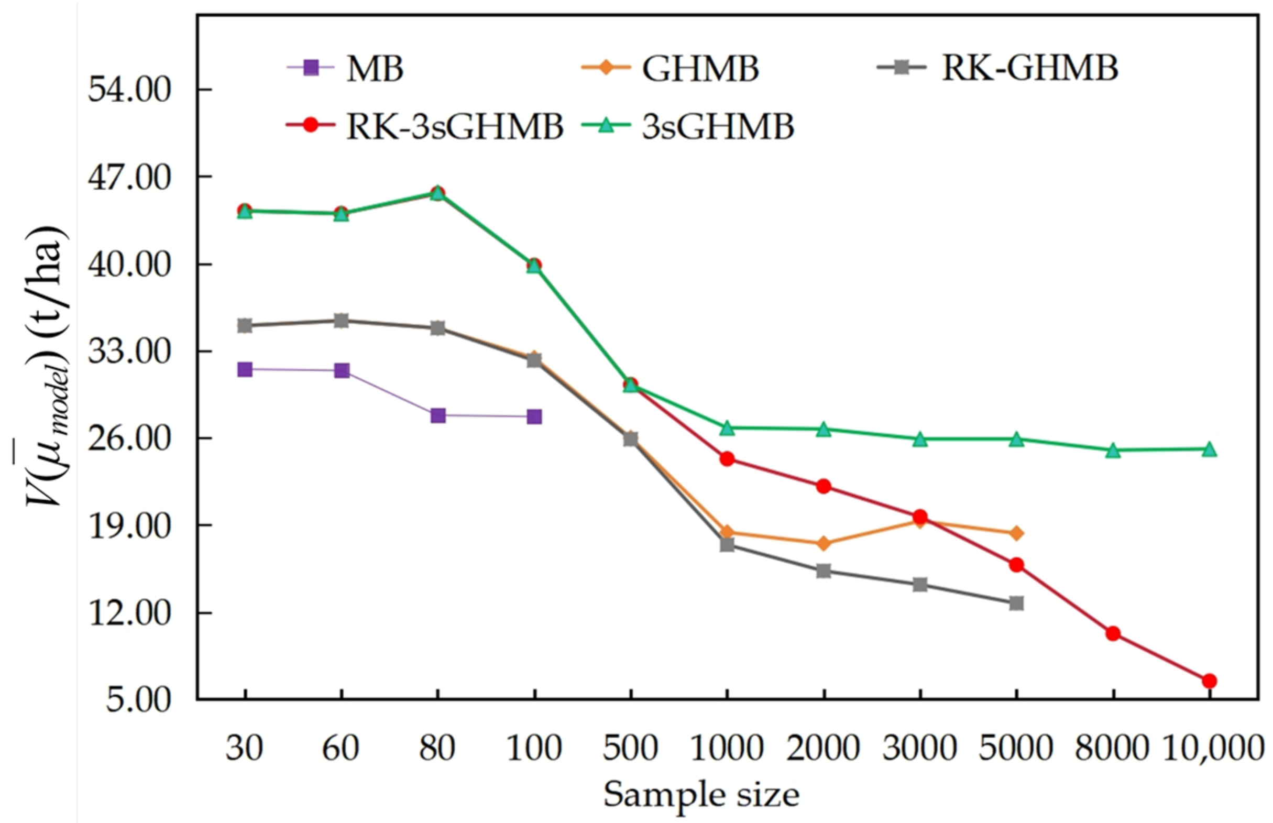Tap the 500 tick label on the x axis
[630, 748]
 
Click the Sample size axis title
[701, 794]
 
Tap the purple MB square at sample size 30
[245, 369]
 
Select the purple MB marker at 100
[534, 417]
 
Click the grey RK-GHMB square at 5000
[1016, 603]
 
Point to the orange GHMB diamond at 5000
[1016, 533]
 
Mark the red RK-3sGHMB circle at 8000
[1113, 634]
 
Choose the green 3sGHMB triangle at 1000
[727, 427]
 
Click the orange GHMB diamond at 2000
[823, 543]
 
